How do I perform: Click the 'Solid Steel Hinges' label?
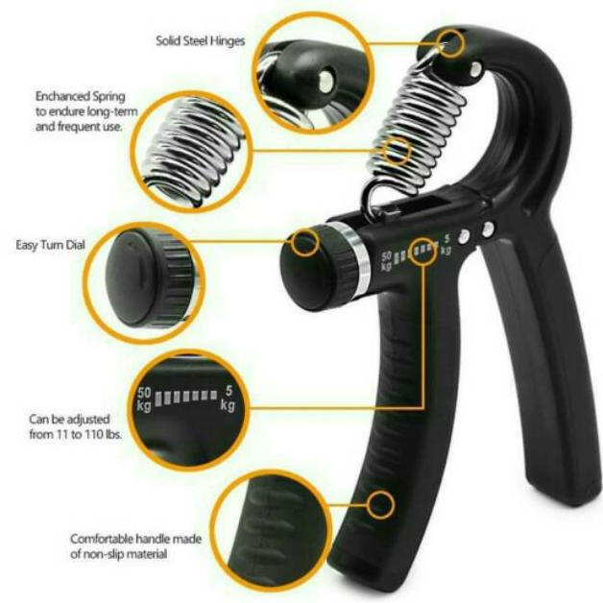tap(201, 41)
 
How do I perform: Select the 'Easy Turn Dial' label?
tap(51, 245)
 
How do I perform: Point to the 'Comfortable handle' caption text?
tap(135, 546)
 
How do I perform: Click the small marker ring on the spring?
tap(397, 151)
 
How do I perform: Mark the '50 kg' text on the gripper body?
tap(387, 259)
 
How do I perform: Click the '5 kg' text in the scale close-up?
tap(227, 398)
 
